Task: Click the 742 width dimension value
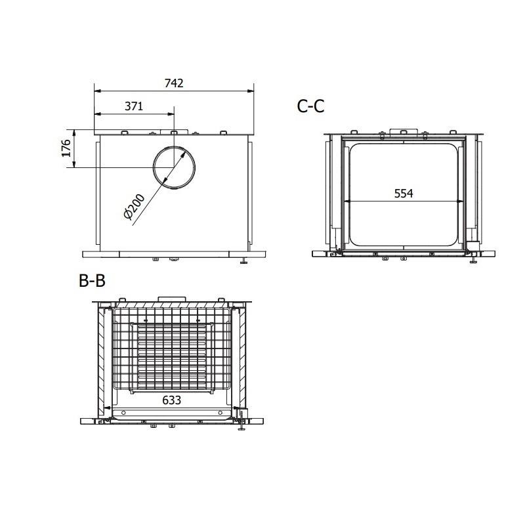174,83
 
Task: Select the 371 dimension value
134,106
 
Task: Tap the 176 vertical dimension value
66,148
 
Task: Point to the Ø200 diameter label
135,207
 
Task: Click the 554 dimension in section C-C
404,194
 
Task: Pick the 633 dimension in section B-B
171,400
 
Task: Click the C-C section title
310,106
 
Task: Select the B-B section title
92,280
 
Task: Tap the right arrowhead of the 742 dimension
251,91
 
